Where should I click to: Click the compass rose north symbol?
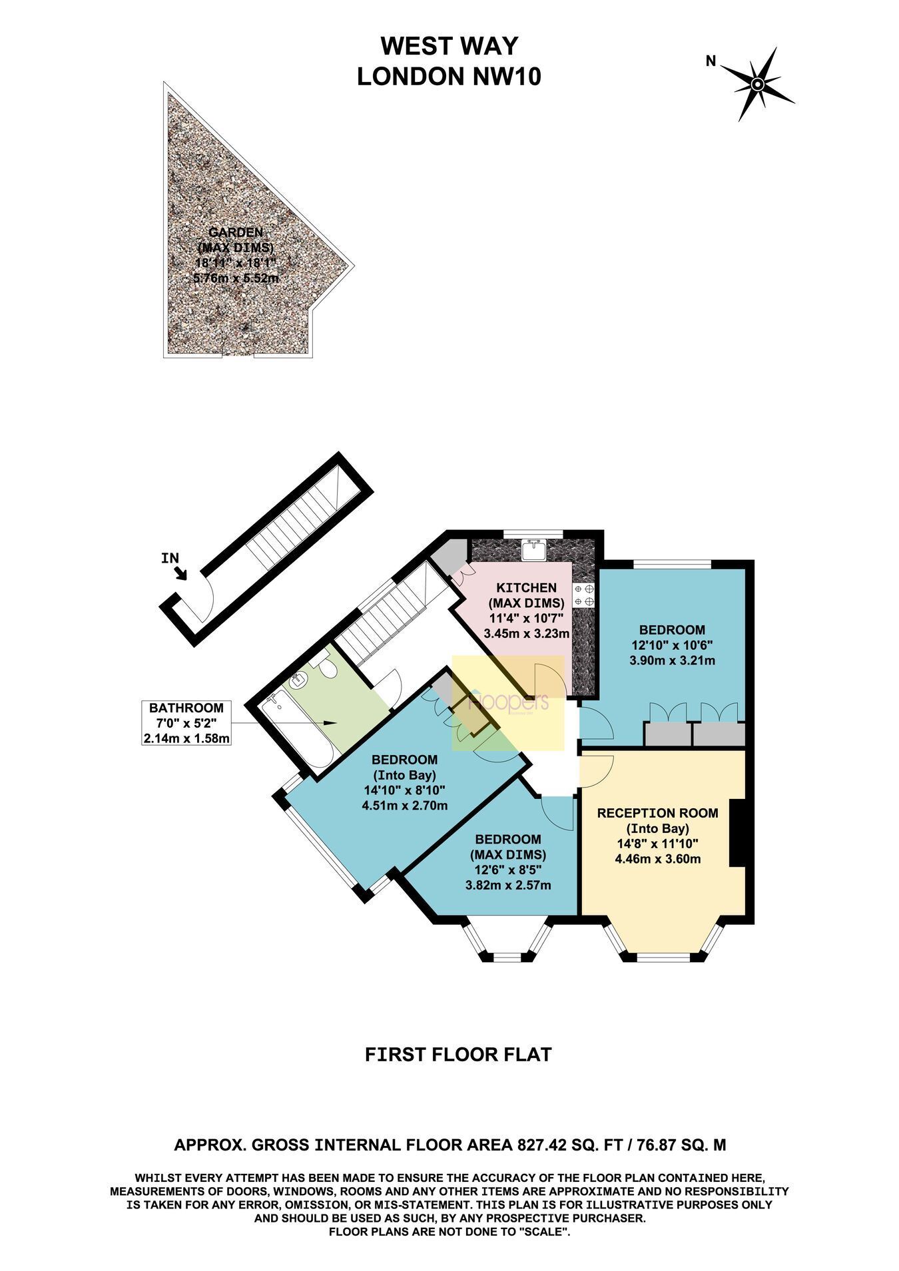[x=757, y=84]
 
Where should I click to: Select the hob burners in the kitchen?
[x=584, y=595]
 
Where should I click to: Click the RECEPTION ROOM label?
[x=657, y=813]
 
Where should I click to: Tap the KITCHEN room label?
[x=526, y=588]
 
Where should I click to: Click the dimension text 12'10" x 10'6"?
[x=672, y=645]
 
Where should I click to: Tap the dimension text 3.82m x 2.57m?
[x=507, y=886]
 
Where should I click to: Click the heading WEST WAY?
[x=449, y=46]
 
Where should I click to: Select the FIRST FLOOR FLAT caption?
[x=459, y=1055]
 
